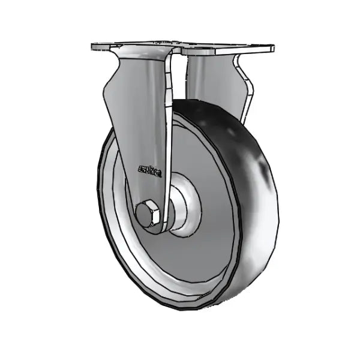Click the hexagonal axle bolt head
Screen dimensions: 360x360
(x=148, y=214)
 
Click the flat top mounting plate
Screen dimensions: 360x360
(x=180, y=47)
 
